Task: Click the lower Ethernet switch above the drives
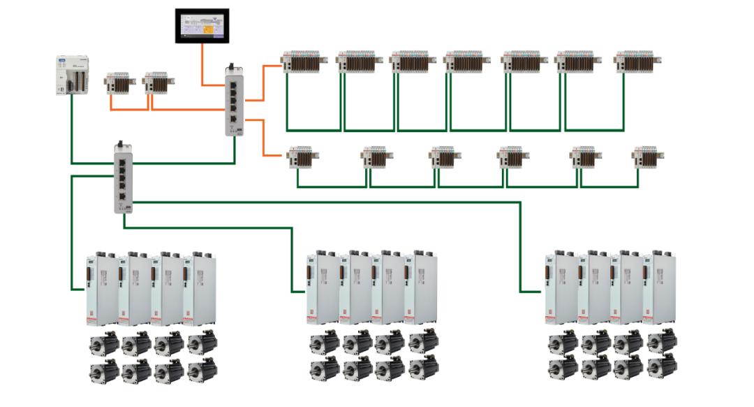pos(123,178)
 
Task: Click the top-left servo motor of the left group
pos(102,343)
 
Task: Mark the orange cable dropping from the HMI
pos(202,66)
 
